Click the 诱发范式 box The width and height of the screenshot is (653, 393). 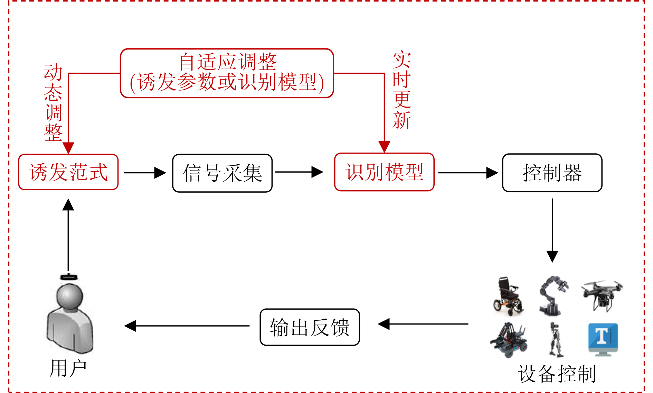pos(68,172)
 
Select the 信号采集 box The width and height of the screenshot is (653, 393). pos(222,173)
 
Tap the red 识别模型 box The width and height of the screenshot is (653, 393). pos(384,172)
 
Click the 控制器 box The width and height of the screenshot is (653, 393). pos(552,173)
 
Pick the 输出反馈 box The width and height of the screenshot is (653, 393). pos(310,327)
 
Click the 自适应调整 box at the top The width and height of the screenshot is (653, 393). pos(227,73)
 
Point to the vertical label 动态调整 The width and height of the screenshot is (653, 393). pos(53,102)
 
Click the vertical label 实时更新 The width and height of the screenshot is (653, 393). pos(401,90)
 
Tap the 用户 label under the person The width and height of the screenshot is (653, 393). pos(68,368)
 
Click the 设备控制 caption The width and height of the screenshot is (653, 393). pos(557,374)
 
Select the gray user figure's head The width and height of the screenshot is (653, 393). pos(70,296)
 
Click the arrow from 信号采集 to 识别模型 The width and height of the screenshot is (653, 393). pos(299,172)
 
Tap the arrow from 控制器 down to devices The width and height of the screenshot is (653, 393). pos(552,230)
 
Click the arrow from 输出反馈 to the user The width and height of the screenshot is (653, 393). pos(187,326)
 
